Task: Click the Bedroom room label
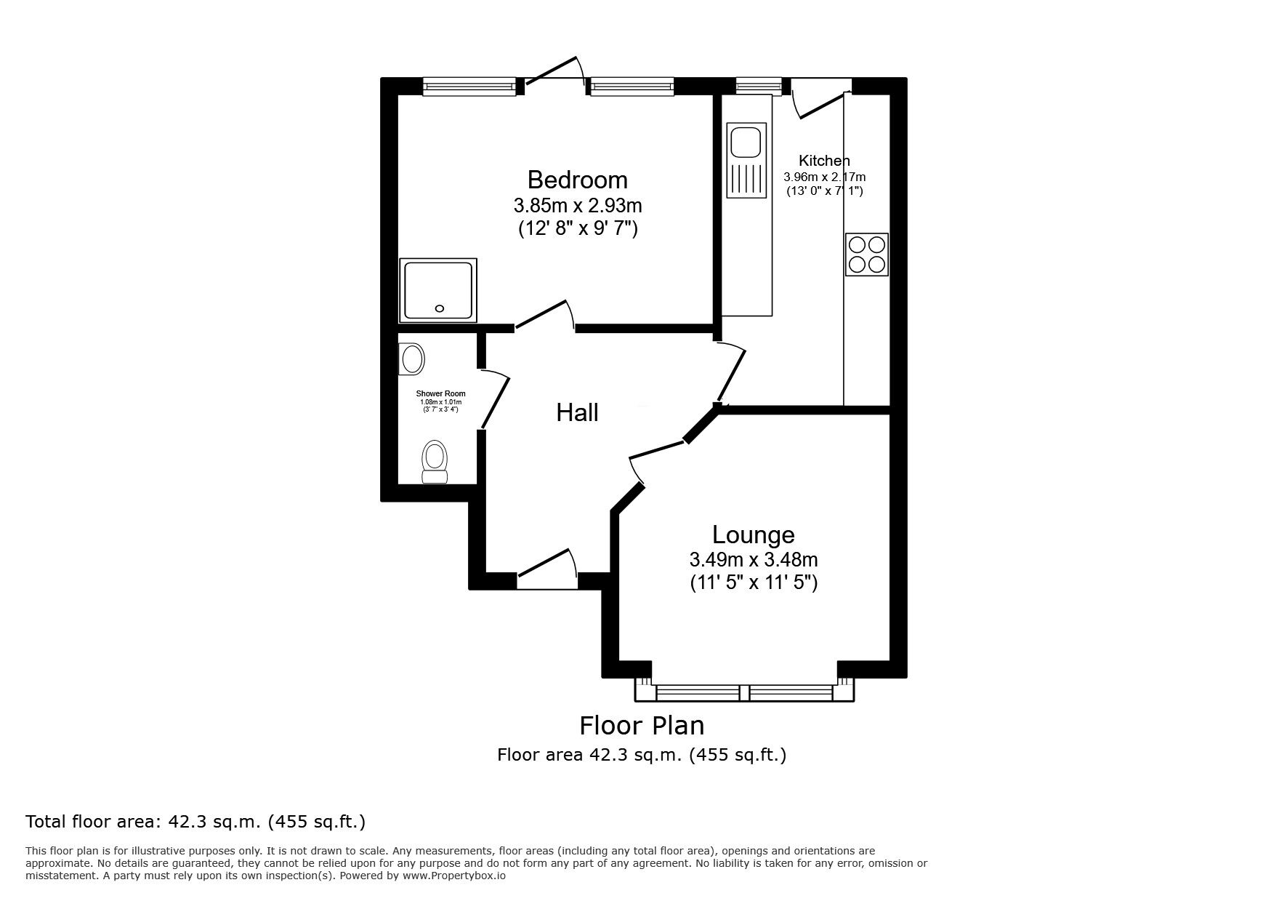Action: click(x=577, y=180)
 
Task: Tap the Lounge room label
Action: click(x=753, y=534)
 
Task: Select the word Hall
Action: click(x=577, y=413)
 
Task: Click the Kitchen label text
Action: click(x=823, y=161)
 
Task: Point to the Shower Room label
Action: click(x=441, y=393)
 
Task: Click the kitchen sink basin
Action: click(x=746, y=141)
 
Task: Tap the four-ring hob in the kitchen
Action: click(x=866, y=254)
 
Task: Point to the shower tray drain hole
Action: click(x=439, y=308)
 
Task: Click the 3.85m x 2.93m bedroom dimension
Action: click(x=577, y=204)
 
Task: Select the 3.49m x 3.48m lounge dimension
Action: click(x=753, y=559)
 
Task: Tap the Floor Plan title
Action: click(x=641, y=725)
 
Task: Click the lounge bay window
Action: click(x=744, y=692)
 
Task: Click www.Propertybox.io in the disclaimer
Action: click(x=453, y=876)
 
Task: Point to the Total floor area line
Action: click(x=195, y=822)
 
